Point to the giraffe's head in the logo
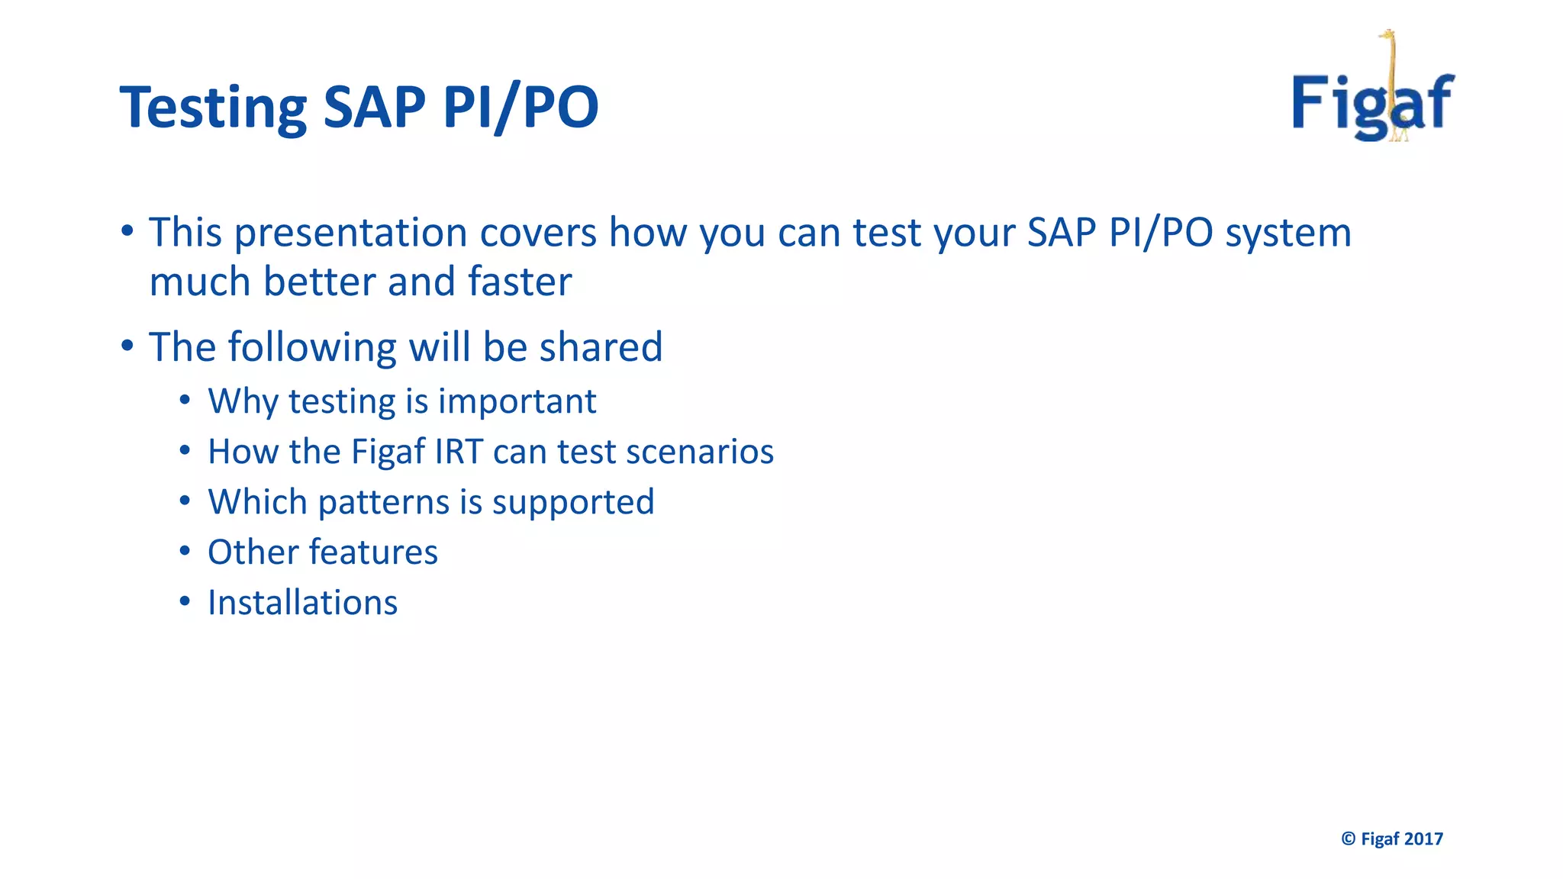(x=1388, y=35)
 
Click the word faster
(x=520, y=282)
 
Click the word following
(x=312, y=349)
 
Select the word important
(x=517, y=402)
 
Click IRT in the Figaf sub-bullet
(x=459, y=452)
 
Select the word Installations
(x=302, y=603)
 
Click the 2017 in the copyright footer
(x=1423, y=839)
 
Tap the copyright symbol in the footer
(x=1349, y=839)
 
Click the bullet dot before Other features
(x=185, y=550)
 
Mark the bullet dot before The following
(x=127, y=346)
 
